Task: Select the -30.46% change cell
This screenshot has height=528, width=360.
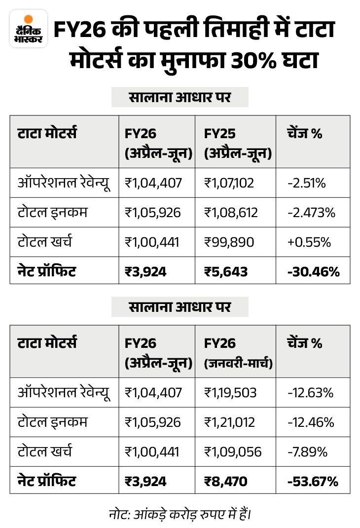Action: [x=313, y=271]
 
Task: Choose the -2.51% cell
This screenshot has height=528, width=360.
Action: [x=306, y=183]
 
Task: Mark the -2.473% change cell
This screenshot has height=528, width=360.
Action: [x=311, y=213]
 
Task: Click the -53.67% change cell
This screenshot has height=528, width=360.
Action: [x=313, y=481]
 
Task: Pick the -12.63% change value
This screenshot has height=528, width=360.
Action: [x=311, y=393]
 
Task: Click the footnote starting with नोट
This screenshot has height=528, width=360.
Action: [x=180, y=513]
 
